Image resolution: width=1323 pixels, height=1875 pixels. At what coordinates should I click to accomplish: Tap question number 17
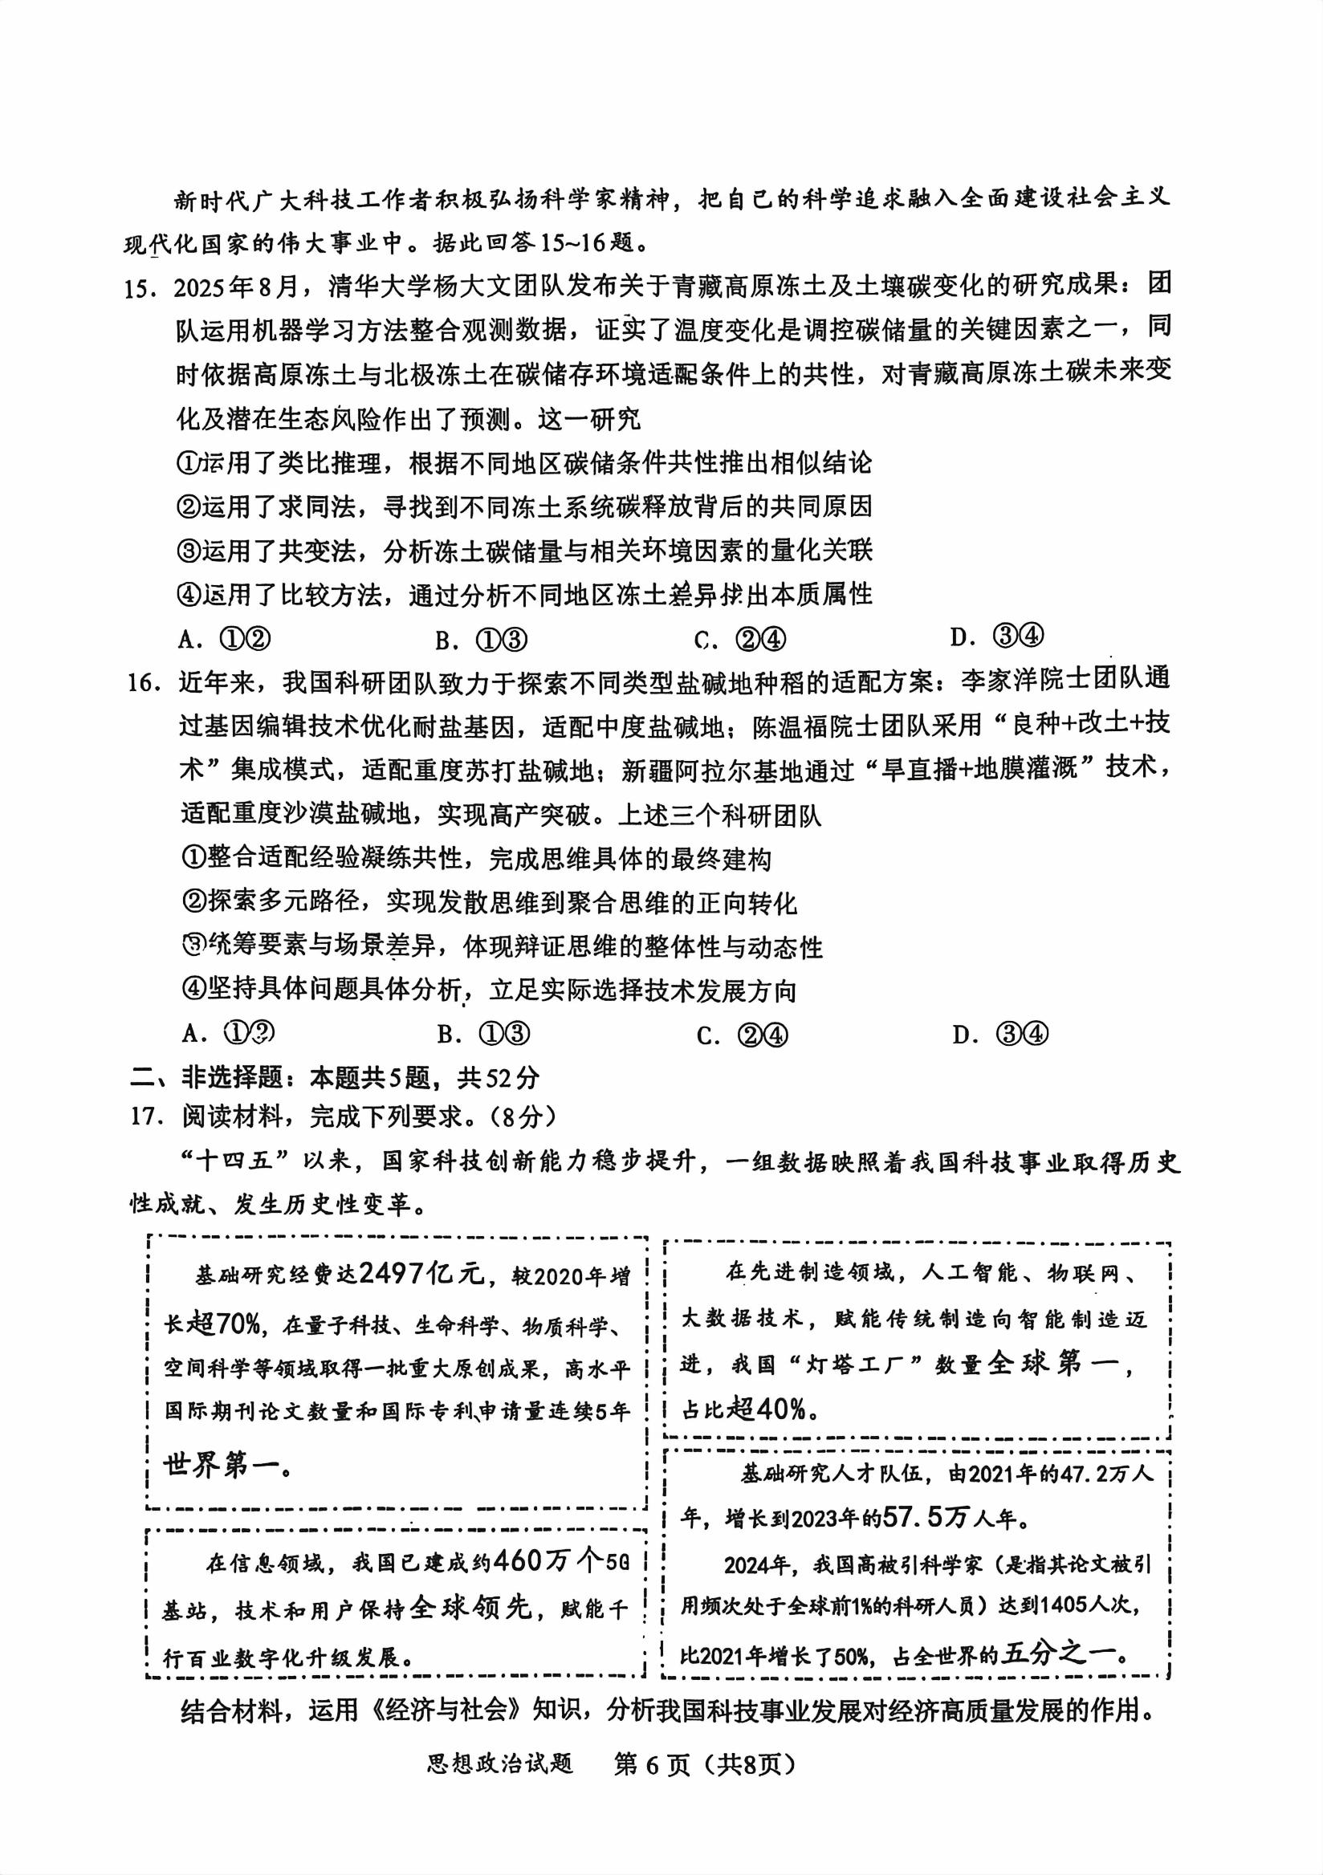[x=145, y=1116]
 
